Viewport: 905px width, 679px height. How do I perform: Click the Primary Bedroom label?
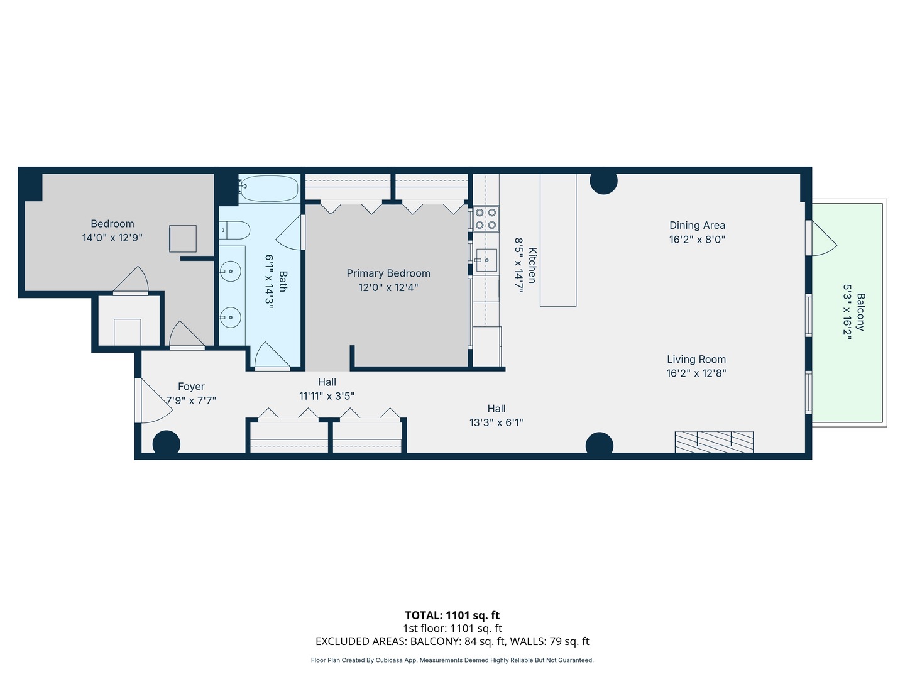click(x=388, y=273)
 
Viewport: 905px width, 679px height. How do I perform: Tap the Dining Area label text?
click(x=697, y=225)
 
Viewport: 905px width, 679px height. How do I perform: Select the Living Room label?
click(x=696, y=359)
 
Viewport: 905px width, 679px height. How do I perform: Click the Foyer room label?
click(x=191, y=387)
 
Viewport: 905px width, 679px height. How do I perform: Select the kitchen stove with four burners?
click(x=486, y=218)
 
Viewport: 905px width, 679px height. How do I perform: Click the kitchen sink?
click(x=486, y=260)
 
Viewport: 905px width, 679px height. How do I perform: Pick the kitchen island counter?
click(x=558, y=240)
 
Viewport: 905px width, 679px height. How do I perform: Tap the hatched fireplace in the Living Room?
click(x=714, y=441)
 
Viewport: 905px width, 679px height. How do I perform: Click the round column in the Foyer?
click(x=167, y=443)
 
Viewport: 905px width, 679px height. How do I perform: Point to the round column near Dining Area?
click(x=603, y=181)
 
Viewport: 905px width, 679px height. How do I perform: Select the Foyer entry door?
click(x=153, y=401)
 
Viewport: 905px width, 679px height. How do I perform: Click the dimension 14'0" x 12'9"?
click(x=112, y=238)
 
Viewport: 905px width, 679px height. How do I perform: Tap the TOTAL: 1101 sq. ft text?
click(x=452, y=615)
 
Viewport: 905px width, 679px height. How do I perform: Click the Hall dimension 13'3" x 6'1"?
click(x=496, y=422)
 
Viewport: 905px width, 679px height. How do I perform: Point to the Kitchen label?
click(x=532, y=265)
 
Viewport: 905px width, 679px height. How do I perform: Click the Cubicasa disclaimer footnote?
click(x=452, y=660)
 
